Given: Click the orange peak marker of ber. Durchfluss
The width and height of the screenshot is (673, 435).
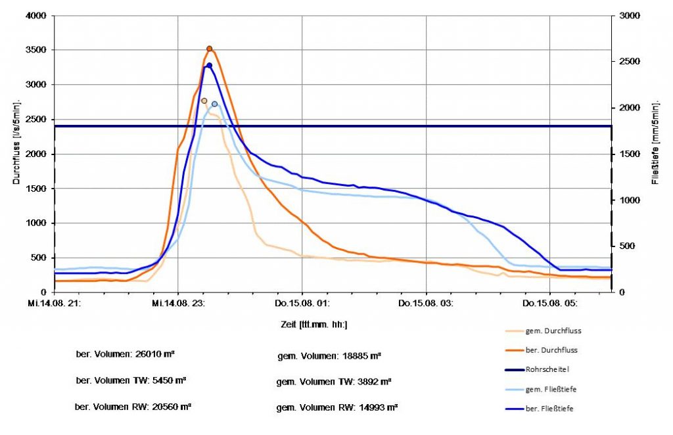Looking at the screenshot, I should tap(210, 49).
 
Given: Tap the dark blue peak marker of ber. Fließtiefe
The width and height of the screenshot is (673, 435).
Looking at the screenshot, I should tap(210, 65).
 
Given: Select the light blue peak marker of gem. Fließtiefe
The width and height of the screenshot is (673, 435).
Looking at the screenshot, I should tap(215, 104).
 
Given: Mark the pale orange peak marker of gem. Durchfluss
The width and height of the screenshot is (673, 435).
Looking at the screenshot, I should tap(204, 101).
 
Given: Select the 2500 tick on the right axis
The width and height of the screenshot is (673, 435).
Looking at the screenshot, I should tap(630, 62).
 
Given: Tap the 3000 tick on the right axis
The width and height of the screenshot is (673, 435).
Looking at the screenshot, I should tap(630, 16).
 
